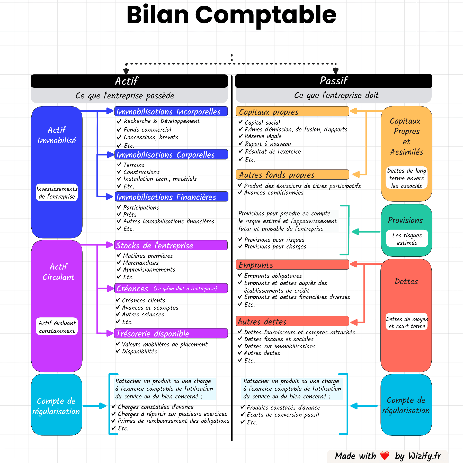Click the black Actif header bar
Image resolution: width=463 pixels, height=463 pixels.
tap(129, 81)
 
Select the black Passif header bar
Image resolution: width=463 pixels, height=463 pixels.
tap(333, 81)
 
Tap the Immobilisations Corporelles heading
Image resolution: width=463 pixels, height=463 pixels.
tap(171, 155)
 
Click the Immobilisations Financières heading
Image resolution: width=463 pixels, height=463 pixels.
tap(171, 197)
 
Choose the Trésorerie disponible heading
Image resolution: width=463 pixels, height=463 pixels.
tap(171, 334)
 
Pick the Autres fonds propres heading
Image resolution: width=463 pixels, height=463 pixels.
tap(292, 175)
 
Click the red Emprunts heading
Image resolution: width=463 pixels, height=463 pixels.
tap(292, 265)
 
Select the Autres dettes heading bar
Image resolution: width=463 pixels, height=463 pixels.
tap(292, 322)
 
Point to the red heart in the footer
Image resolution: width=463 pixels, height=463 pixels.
tap(385, 456)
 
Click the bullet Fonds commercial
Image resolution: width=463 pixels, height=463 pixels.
tap(147, 130)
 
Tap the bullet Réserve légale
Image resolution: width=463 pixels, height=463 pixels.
tap(263, 136)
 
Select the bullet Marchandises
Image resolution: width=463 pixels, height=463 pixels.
tap(140, 263)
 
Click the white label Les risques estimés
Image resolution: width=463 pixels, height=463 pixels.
tap(407, 239)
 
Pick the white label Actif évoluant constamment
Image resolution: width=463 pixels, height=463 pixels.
tap(57, 327)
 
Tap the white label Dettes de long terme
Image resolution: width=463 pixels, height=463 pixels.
tap(406, 178)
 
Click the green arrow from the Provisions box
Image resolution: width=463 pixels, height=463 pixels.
tap(366, 232)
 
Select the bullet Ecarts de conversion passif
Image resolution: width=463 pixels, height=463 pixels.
tap(283, 415)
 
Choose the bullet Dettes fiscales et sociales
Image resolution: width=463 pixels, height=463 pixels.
tap(279, 339)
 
